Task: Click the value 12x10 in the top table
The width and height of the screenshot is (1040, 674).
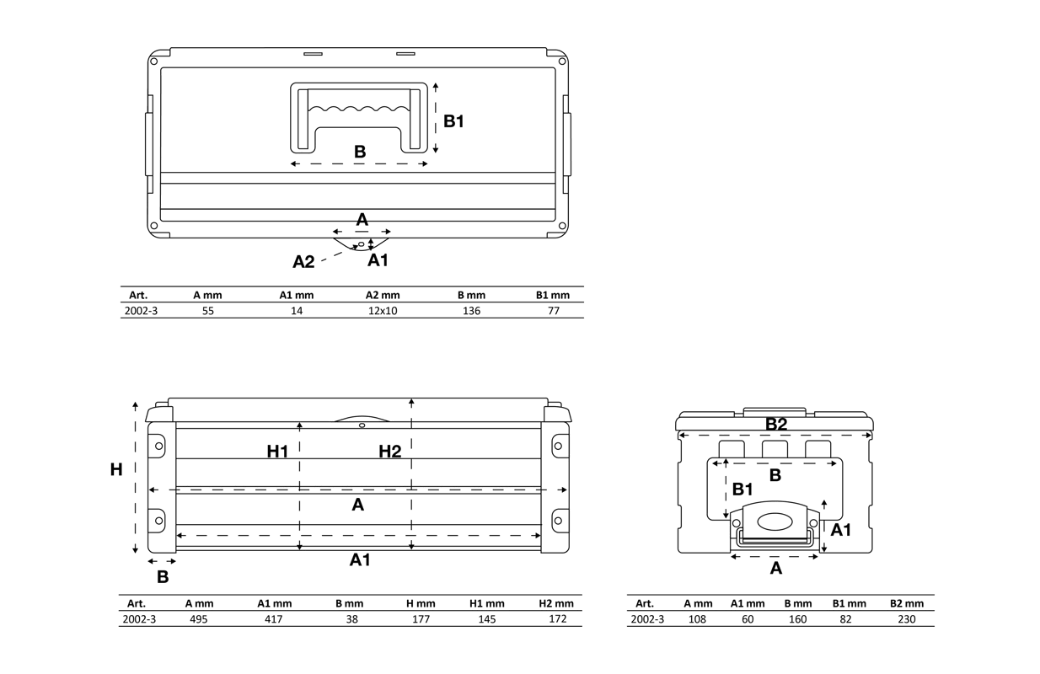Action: pyautogui.click(x=383, y=311)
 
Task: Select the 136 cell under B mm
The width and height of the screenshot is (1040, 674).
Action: pyautogui.click(x=471, y=311)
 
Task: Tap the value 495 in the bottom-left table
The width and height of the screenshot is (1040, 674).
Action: pyautogui.click(x=199, y=618)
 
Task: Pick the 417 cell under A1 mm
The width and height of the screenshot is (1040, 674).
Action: pyautogui.click(x=274, y=618)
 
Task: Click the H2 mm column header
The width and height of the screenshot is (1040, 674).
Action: pyautogui.click(x=556, y=603)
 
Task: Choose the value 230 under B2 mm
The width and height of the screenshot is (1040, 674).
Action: pyautogui.click(x=907, y=618)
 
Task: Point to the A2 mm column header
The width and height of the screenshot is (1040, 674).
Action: pyautogui.click(x=383, y=295)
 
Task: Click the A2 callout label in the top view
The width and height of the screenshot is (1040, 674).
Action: pyautogui.click(x=303, y=262)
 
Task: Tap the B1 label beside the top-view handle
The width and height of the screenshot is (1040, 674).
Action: pyautogui.click(x=453, y=121)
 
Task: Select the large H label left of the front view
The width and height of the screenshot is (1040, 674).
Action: pyautogui.click(x=116, y=470)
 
